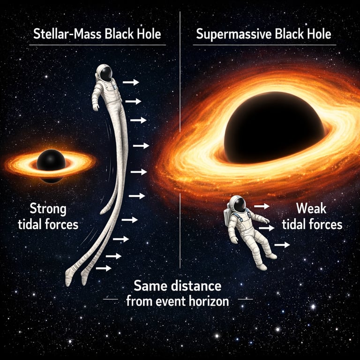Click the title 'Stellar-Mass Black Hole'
click(x=97, y=35)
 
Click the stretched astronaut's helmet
click(x=104, y=74)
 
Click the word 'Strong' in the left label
click(x=48, y=208)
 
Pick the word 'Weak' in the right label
click(x=312, y=209)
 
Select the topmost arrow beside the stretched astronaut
click(x=131, y=82)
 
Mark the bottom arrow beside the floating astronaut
click(x=282, y=244)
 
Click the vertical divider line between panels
click(x=180, y=141)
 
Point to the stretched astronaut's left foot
click(x=69, y=278)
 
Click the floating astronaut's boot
click(x=262, y=266)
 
